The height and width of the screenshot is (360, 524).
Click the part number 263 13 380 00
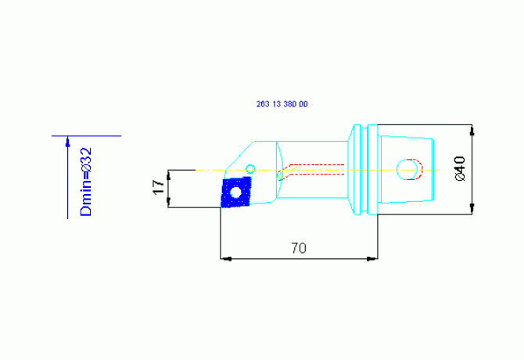pyautogui.click(x=282, y=104)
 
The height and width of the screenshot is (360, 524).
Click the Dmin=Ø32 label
pyautogui.click(x=86, y=182)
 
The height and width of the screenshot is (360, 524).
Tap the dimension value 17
pyautogui.click(x=159, y=187)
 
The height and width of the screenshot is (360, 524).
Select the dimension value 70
pyautogui.click(x=299, y=248)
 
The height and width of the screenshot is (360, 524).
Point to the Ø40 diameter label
pyautogui.click(x=460, y=168)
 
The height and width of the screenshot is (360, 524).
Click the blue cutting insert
pyautogui.click(x=236, y=193)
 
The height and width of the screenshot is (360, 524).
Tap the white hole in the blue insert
pyautogui.click(x=236, y=193)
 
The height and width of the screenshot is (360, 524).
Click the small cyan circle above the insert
pyautogui.click(x=250, y=168)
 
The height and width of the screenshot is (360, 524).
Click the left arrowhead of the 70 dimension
pyautogui.click(x=227, y=259)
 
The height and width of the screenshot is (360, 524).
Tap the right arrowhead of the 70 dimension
pyautogui.click(x=372, y=259)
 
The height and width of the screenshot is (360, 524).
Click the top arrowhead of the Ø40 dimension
pyautogui.click(x=472, y=131)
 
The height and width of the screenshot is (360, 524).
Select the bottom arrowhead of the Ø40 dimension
pyautogui.click(x=472, y=209)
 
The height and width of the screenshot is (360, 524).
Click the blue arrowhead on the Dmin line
pyautogui.click(x=68, y=142)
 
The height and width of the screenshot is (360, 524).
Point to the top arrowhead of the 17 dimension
pyautogui.click(x=168, y=175)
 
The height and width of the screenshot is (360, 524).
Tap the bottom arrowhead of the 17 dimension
pyautogui.click(x=168, y=202)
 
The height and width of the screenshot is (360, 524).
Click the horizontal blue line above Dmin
pyautogui.click(x=86, y=136)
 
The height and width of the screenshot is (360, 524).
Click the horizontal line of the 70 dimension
pyautogui.click(x=299, y=259)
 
